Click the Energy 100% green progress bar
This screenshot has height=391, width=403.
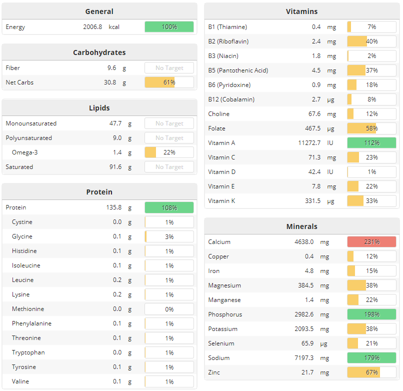[169, 26]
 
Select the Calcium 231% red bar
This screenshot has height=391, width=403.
[371, 242]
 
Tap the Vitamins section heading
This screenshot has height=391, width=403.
[301, 11]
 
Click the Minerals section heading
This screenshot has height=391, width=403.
[301, 226]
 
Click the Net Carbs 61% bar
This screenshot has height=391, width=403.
[169, 82]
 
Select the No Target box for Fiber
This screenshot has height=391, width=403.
[169, 68]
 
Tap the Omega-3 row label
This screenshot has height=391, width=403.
[25, 152]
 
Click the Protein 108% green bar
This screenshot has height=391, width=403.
[169, 207]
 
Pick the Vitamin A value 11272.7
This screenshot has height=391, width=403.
[309, 143]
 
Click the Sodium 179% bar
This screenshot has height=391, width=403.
[371, 358]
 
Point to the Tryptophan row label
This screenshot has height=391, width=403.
[28, 352]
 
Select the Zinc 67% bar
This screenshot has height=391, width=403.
[371, 372]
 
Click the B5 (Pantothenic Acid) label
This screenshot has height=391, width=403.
[238, 70]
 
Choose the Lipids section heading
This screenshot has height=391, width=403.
[99, 108]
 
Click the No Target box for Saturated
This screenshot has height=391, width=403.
[169, 167]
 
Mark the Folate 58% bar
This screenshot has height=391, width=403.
[371, 128]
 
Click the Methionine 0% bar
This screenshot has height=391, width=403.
[169, 309]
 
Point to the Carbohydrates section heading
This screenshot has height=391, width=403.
[99, 52]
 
